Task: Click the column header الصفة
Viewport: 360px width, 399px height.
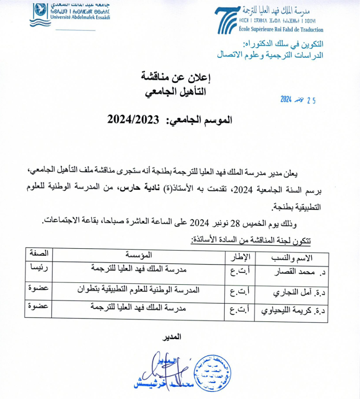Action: (x=39, y=253)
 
